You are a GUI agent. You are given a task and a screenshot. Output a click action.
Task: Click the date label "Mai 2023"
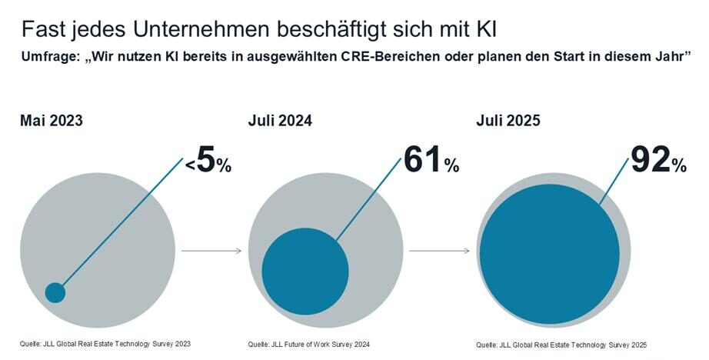(52, 121)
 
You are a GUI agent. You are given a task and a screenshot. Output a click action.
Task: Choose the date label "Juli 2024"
(280, 121)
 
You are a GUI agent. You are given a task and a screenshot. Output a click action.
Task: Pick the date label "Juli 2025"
(508, 121)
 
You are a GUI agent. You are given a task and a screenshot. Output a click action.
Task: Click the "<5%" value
(208, 160)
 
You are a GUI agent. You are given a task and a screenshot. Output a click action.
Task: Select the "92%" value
(658, 160)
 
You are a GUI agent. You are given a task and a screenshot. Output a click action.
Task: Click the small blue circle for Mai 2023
(55, 292)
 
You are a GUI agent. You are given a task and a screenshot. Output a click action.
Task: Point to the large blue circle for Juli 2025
(549, 254)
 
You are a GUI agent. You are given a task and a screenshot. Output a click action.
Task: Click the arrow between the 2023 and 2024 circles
(211, 251)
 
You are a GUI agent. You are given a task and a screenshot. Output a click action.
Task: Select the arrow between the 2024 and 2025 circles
(439, 251)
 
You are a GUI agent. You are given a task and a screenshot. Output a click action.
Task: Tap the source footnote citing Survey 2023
(105, 343)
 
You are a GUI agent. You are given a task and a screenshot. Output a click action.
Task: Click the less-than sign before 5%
(189, 163)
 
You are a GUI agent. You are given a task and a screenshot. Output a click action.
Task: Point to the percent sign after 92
(679, 165)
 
